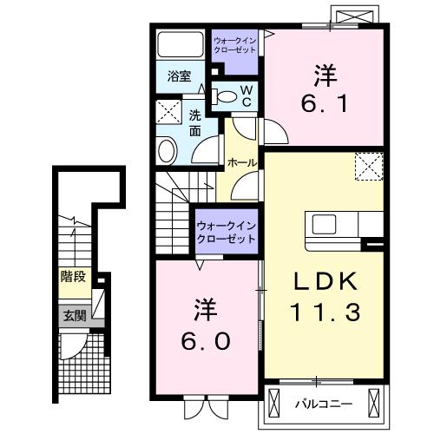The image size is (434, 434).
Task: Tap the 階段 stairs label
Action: [74, 278]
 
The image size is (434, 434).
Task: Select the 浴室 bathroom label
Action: [180, 76]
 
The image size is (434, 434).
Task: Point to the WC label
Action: [246, 95]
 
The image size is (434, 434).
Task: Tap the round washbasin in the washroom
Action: [168, 149]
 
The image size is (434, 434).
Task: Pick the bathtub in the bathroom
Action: [181, 45]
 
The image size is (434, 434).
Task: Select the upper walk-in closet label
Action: [234, 43]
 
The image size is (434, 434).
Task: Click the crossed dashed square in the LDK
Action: [369, 164]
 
